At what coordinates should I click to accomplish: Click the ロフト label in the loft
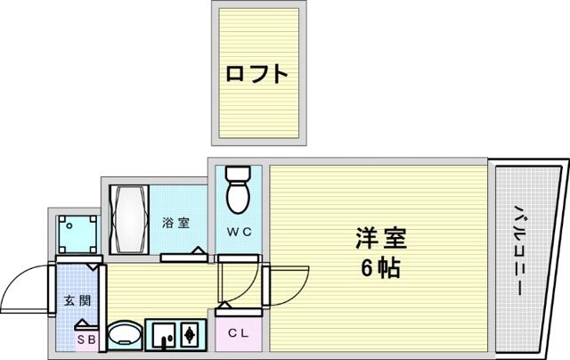click(x=257, y=74)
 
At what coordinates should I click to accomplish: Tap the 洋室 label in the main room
click(x=380, y=238)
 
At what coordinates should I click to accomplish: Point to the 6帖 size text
click(x=380, y=268)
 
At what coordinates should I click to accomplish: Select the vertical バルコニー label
click(x=518, y=250)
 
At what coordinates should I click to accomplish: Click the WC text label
click(x=239, y=232)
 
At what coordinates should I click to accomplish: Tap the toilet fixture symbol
click(x=238, y=190)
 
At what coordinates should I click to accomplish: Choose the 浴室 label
click(x=176, y=222)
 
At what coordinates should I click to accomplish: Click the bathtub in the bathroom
click(x=129, y=219)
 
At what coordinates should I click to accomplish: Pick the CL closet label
click(x=239, y=332)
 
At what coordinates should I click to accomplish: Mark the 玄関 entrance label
click(x=77, y=300)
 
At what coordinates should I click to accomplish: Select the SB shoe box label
click(x=87, y=340)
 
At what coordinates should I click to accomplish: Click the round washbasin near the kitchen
click(x=126, y=335)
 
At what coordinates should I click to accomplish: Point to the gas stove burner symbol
click(x=189, y=335)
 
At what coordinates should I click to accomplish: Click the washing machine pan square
click(x=77, y=234)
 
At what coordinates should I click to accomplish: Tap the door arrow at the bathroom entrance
click(x=198, y=250)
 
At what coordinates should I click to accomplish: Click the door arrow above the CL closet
click(x=224, y=305)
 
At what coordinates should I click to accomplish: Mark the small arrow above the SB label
click(x=83, y=323)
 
